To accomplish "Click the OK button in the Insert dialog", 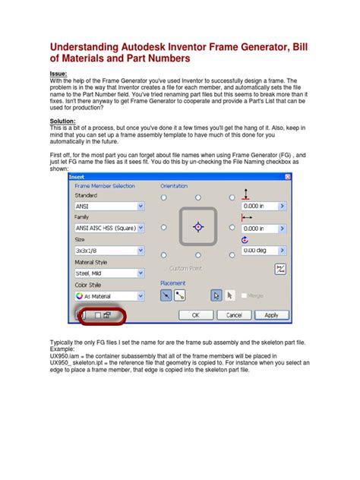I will click(x=195, y=314).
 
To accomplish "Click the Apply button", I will click(x=271, y=314).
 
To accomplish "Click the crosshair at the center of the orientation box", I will click(x=197, y=226).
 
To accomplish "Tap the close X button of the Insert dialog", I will click(x=286, y=176).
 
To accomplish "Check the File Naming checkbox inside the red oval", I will click(x=96, y=314).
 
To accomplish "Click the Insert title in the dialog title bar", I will click(x=78, y=176).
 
